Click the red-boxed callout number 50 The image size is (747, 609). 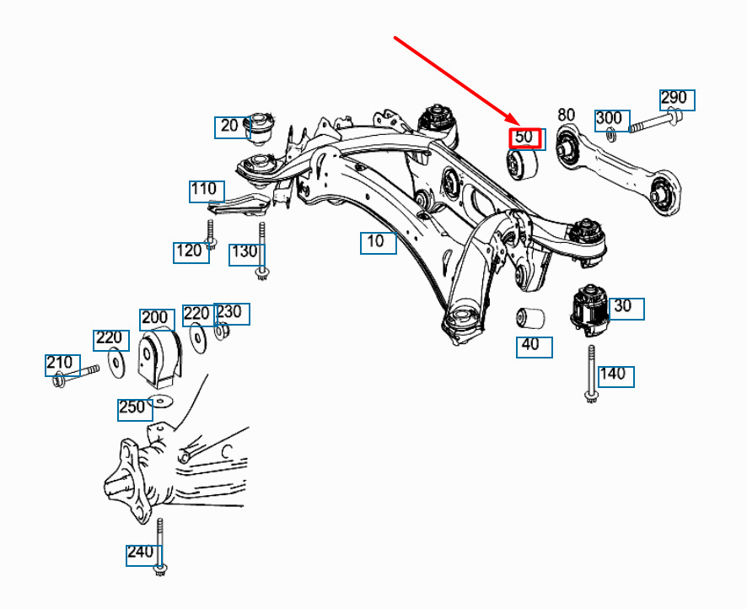coord(524,137)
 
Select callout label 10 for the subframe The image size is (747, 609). coord(377,242)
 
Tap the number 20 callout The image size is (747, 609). coord(228,127)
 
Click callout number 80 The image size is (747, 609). coord(566,115)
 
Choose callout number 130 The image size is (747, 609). coord(244,251)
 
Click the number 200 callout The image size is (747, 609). coord(155,318)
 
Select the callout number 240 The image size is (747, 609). coord(140,552)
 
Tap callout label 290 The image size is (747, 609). coord(674,99)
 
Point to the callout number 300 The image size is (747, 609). coord(609,118)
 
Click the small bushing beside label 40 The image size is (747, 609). coord(529,320)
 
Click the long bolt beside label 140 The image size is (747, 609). coord(591,372)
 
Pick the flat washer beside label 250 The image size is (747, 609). coord(159,399)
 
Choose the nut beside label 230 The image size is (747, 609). coord(223,331)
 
